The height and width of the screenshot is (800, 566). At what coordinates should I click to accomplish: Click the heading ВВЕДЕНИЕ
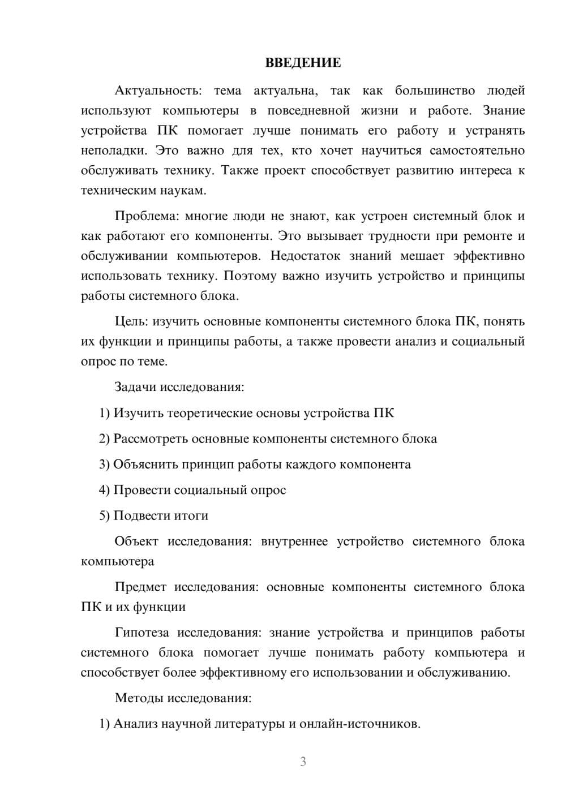coord(303,63)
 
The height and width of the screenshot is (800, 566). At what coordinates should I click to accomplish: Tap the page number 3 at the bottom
coord(303,762)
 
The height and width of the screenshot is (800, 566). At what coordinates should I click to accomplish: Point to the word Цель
coord(131,321)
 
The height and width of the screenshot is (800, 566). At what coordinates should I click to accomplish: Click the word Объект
coord(136,541)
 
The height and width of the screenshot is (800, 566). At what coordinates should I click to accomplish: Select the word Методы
coord(139,698)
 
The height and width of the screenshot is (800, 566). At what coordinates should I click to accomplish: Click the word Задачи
coord(136,388)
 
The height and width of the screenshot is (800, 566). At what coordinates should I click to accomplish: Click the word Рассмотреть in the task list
coord(150,439)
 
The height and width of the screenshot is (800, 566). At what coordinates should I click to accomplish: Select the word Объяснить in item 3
coord(145,464)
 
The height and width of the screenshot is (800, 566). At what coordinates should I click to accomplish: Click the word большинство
coord(435,91)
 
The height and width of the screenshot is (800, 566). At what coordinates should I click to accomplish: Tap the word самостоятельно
coord(477,150)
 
